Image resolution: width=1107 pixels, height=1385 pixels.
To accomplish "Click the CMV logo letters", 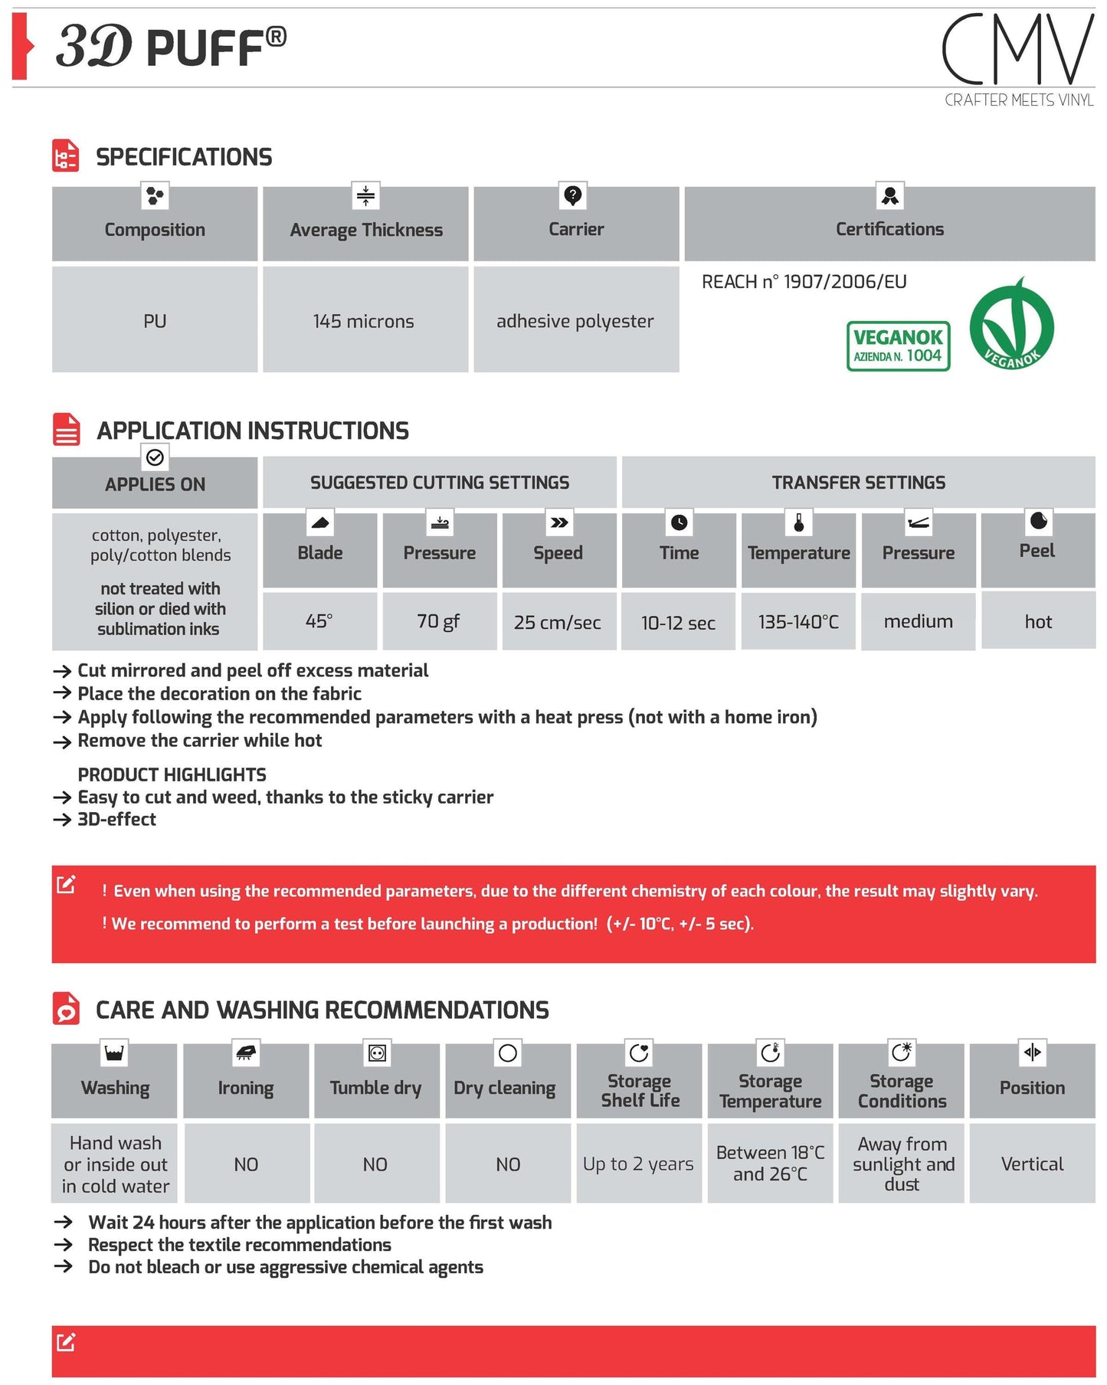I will [1017, 50].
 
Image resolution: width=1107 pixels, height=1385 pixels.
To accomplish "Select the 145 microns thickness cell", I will [364, 321].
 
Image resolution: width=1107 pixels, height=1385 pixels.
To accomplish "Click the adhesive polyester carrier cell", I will [575, 321].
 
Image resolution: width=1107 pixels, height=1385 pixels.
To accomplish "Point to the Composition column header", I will [155, 229].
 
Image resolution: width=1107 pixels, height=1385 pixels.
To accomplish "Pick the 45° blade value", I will [319, 621].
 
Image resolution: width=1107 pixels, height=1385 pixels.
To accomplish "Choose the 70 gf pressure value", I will [438, 621].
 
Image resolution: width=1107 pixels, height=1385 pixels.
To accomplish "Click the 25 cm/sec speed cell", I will [558, 622].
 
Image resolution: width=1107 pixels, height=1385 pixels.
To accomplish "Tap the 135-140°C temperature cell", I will [798, 622].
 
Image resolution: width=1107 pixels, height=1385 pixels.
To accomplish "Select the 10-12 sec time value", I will [678, 623].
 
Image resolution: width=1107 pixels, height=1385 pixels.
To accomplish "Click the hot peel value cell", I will [1038, 621].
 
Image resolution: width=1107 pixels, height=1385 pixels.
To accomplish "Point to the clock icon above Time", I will [679, 522].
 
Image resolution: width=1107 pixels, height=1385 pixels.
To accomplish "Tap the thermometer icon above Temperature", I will [798, 522].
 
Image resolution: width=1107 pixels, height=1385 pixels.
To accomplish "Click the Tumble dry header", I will [375, 1088].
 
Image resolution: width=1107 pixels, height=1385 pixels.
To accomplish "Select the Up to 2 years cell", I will [638, 1164].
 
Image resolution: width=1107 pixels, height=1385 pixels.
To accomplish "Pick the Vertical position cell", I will [1032, 1164].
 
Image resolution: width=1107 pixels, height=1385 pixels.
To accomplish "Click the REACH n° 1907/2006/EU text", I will [804, 282].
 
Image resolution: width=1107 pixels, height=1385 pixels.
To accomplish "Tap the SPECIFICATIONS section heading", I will [184, 157].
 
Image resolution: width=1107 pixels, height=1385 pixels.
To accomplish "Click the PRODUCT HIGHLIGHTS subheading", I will [172, 774].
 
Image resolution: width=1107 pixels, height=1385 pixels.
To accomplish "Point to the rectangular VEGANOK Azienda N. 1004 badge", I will [898, 346].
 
